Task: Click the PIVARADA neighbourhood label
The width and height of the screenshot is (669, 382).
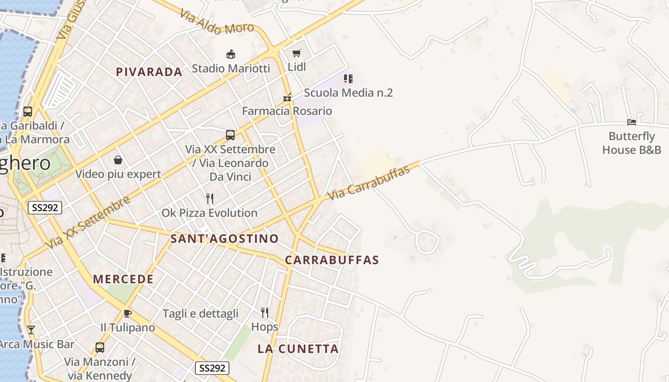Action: (149, 72)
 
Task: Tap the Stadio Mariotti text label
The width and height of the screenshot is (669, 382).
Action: (231, 68)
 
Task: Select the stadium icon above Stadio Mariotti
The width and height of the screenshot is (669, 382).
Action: (231, 54)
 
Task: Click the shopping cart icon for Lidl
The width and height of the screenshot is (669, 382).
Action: (297, 53)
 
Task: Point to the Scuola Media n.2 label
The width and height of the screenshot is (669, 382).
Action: (348, 93)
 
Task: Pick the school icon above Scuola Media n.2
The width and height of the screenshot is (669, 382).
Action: (348, 78)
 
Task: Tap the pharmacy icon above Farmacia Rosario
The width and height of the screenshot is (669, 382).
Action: (287, 97)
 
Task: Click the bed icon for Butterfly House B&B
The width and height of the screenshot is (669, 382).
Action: (632, 122)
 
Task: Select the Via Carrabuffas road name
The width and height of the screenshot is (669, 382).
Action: (369, 183)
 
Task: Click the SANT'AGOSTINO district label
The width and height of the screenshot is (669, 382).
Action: (225, 239)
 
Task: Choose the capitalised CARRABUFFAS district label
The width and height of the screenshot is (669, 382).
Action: (332, 260)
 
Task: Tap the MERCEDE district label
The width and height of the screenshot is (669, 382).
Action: (123, 279)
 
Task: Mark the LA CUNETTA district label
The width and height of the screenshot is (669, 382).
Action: (298, 349)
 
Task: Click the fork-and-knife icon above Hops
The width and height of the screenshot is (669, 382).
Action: (265, 313)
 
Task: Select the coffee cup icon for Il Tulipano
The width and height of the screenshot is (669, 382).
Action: (127, 313)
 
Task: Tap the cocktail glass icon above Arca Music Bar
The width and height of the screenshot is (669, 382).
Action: (31, 329)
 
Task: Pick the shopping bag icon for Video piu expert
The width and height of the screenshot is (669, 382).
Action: (118, 160)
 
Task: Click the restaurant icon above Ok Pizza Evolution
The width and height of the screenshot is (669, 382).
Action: (209, 199)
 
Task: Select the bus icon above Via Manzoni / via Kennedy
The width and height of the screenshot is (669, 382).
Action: (100, 347)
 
